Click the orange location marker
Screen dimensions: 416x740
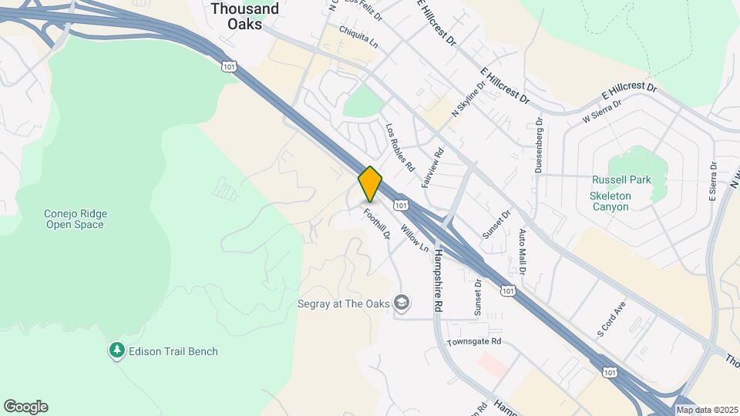pos(370,184)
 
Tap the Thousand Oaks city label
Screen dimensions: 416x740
pos(244,16)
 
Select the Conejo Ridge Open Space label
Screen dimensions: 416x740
pos(74,219)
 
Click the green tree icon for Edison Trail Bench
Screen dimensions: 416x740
pos(117,351)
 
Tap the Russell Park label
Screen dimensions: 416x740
pos(621,180)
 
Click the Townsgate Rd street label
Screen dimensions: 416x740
pos(474,341)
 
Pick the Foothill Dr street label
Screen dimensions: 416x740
pos(378,223)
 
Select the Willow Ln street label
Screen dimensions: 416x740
pos(415,237)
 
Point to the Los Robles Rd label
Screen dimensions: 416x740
pos(400,147)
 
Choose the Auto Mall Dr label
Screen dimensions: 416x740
pos(522,253)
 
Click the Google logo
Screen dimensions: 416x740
pos(25,407)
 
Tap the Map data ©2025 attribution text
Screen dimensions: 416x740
pos(707,410)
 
